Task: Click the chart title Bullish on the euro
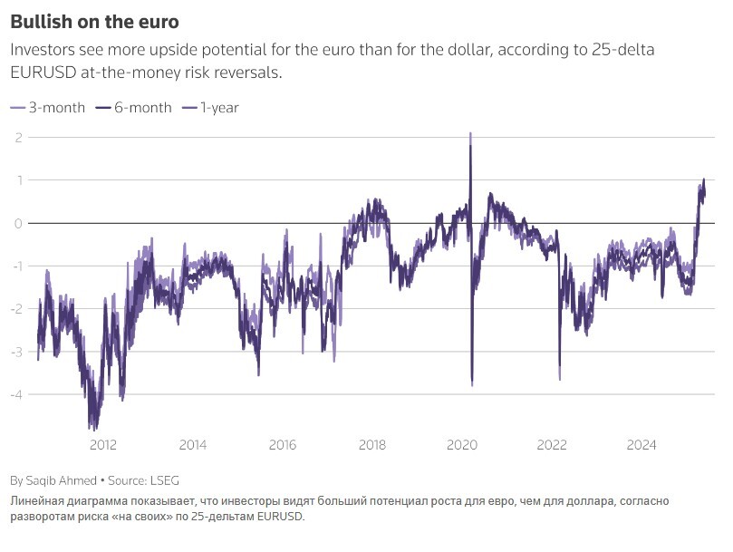click(x=89, y=21)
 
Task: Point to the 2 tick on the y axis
click(x=18, y=137)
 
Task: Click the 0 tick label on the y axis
click(x=18, y=223)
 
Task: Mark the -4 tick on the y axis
click(x=15, y=394)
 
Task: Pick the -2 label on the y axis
click(x=15, y=309)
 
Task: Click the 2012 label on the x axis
click(x=102, y=445)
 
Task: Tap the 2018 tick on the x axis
click(x=372, y=445)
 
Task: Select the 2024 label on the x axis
click(x=642, y=445)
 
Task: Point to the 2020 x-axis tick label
click(x=462, y=445)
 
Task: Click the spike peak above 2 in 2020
click(x=470, y=133)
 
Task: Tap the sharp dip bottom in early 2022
click(x=559, y=378)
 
